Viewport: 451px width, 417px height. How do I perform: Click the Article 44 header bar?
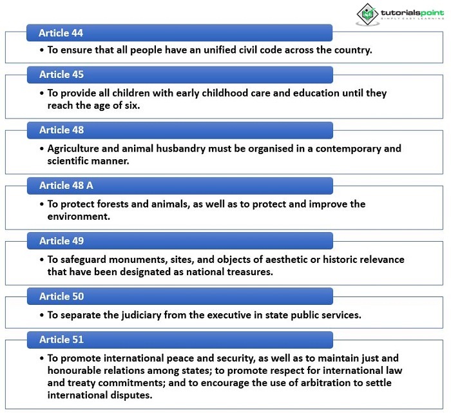click(x=179, y=33)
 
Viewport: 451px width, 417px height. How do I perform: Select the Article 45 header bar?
click(x=179, y=75)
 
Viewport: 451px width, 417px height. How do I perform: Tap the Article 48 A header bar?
click(x=179, y=186)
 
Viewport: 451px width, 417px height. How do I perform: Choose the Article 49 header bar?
click(x=179, y=241)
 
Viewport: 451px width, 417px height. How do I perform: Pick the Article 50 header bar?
click(x=179, y=296)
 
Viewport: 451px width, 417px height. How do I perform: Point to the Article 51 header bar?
click(x=179, y=340)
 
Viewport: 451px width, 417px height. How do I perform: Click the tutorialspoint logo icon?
click(x=368, y=14)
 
